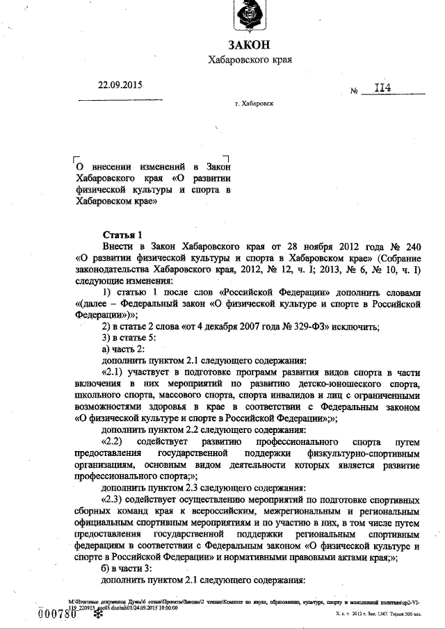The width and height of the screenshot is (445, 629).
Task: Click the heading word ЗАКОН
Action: [249, 44]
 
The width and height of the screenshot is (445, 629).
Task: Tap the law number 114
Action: [382, 88]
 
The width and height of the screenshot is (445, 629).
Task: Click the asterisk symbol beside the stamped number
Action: [88, 614]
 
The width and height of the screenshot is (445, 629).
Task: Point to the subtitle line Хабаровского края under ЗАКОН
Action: [249, 60]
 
